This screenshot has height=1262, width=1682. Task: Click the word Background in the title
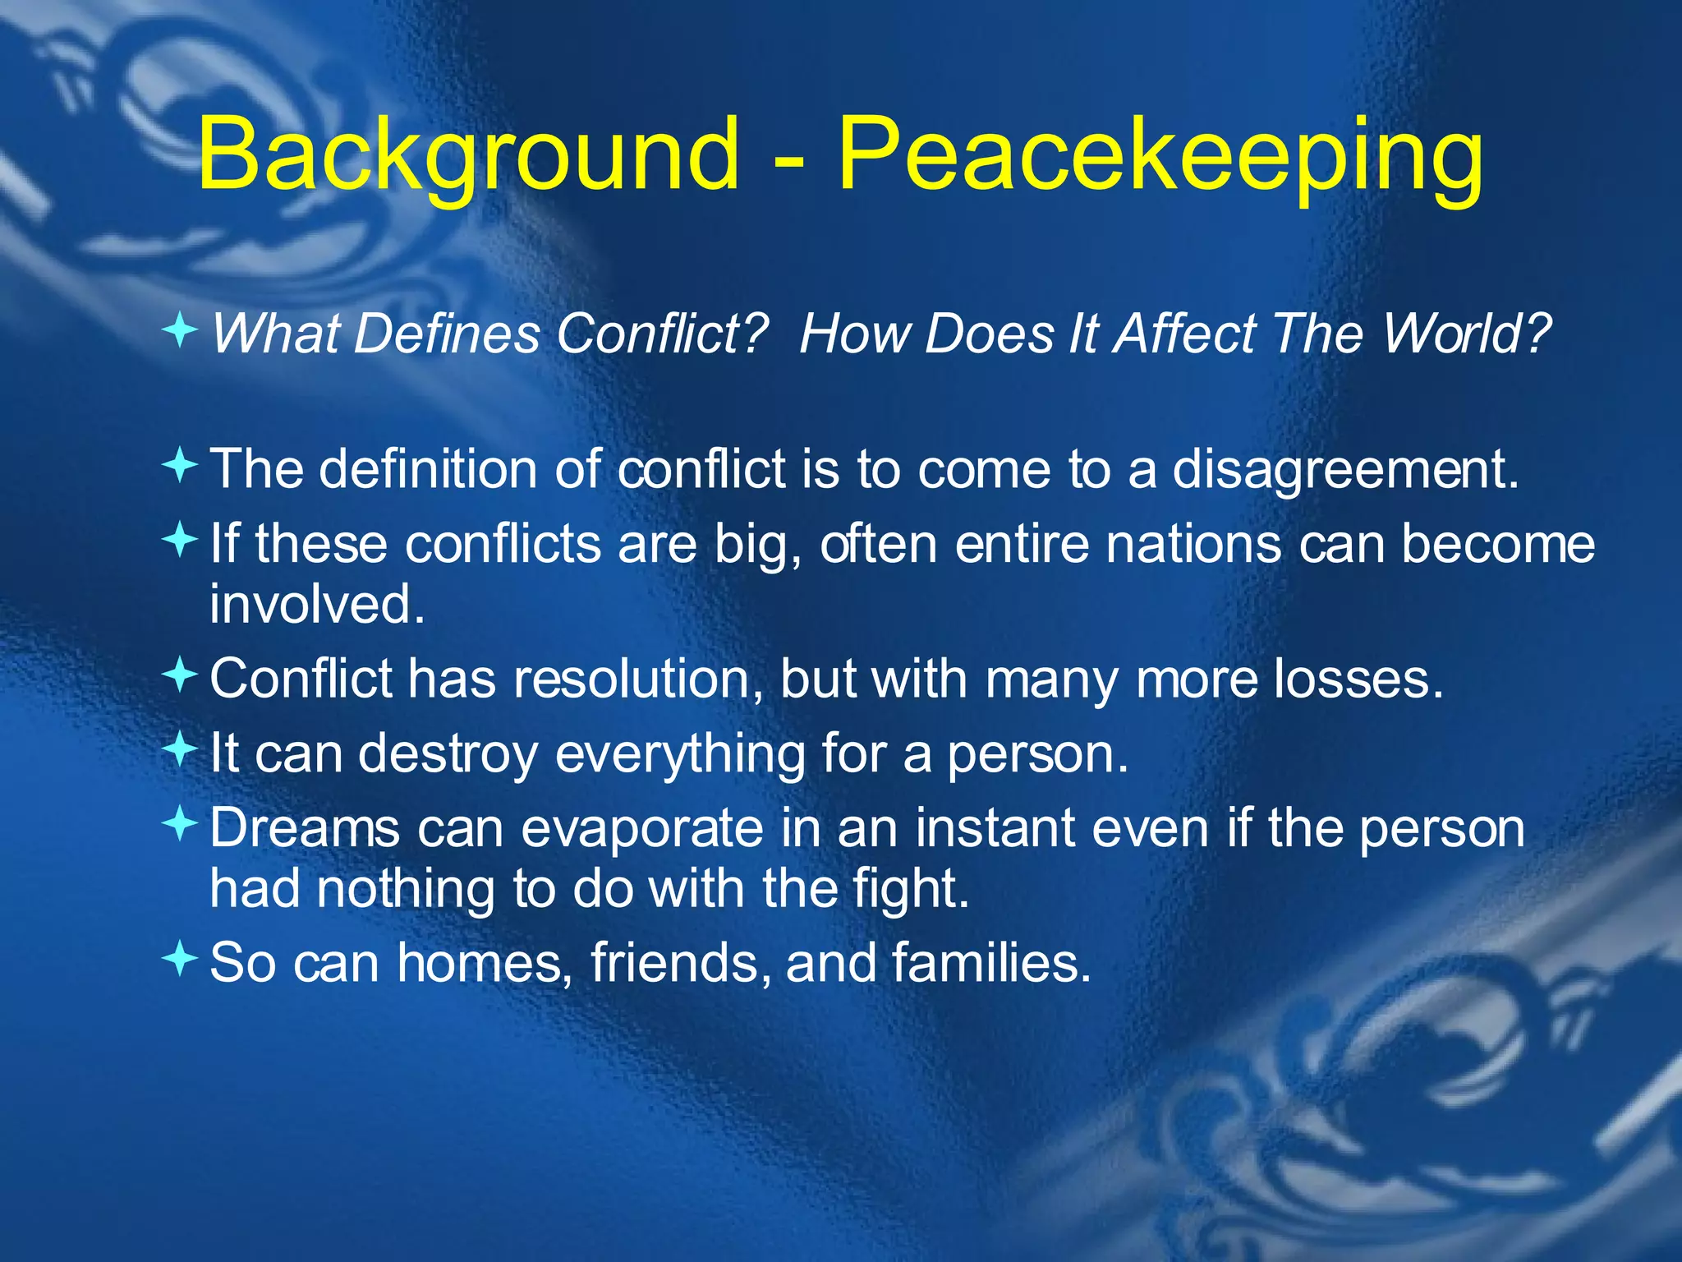468,154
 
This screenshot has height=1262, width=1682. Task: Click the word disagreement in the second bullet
1344,470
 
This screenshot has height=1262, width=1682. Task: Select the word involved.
317,604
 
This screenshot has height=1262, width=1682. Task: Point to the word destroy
448,753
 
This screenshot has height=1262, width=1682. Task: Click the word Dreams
304,827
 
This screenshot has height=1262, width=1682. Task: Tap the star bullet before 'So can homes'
180,958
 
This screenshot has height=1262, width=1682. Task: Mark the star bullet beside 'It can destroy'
180,749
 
